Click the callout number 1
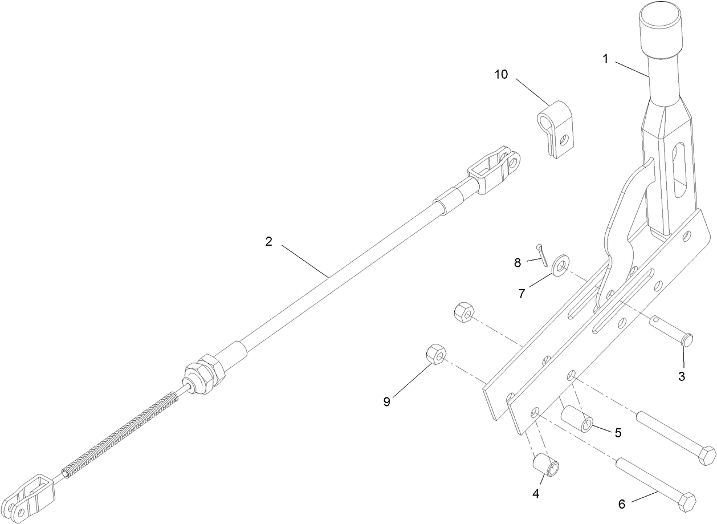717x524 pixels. coord(606,59)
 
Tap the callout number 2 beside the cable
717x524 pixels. coord(268,241)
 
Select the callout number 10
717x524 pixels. coord(502,75)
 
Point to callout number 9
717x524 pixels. coord(387,402)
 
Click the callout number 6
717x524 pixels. coord(622,504)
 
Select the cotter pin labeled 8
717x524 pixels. coord(542,254)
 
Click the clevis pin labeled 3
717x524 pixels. coord(675,333)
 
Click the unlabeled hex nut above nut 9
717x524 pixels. coord(463,313)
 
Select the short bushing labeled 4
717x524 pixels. coord(546,464)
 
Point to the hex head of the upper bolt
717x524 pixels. coord(707,456)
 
